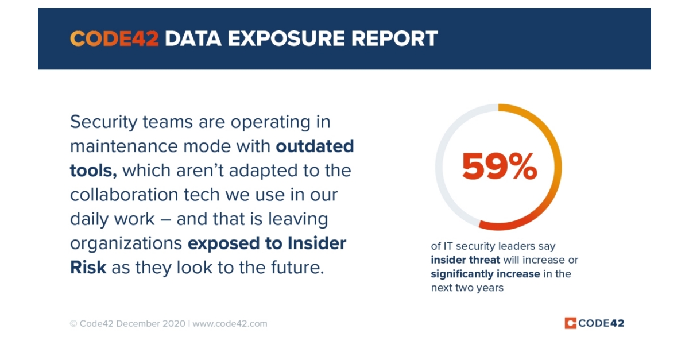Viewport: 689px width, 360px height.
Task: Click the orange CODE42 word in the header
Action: [x=114, y=39]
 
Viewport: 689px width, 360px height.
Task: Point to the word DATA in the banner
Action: [x=191, y=39]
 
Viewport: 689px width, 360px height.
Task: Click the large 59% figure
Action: [x=499, y=168]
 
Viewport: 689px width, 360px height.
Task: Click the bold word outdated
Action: [x=315, y=146]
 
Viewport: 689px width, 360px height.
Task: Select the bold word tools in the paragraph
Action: [x=92, y=171]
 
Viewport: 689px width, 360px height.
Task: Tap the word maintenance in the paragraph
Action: [x=122, y=146]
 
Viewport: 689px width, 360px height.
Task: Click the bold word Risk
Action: [x=88, y=268]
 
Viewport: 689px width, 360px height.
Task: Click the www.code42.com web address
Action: [x=230, y=323]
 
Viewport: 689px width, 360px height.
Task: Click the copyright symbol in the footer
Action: [x=73, y=323]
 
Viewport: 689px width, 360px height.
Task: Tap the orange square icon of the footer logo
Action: [x=570, y=323]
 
